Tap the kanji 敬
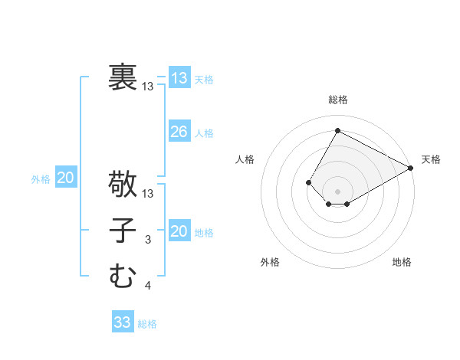coord(123,184)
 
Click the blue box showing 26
coord(179,132)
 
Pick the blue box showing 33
coord(123,322)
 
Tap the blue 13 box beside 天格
coord(179,78)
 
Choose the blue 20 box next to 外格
coord(66,178)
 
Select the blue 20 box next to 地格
coord(179,231)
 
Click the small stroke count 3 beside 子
coord(148,241)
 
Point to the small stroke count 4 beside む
coord(148,286)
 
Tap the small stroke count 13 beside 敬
coord(148,194)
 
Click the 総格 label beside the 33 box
coord(147,324)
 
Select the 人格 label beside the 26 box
coord(204,133)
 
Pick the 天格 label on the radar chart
coord(431,159)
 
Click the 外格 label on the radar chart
coord(270,262)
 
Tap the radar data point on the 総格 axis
coord(337,130)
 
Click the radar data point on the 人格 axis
coord(308,182)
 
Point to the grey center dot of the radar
coord(337,191)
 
